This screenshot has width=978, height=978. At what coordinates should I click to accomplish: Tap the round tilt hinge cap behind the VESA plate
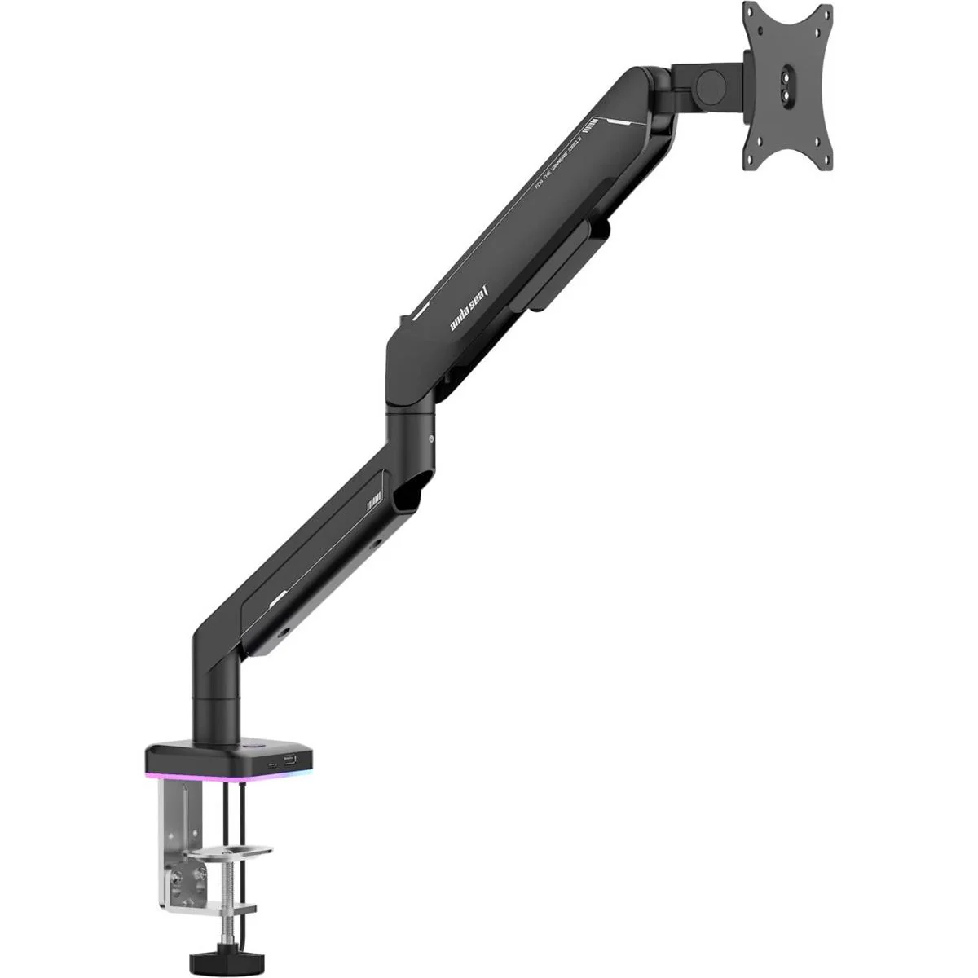pos(708,84)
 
